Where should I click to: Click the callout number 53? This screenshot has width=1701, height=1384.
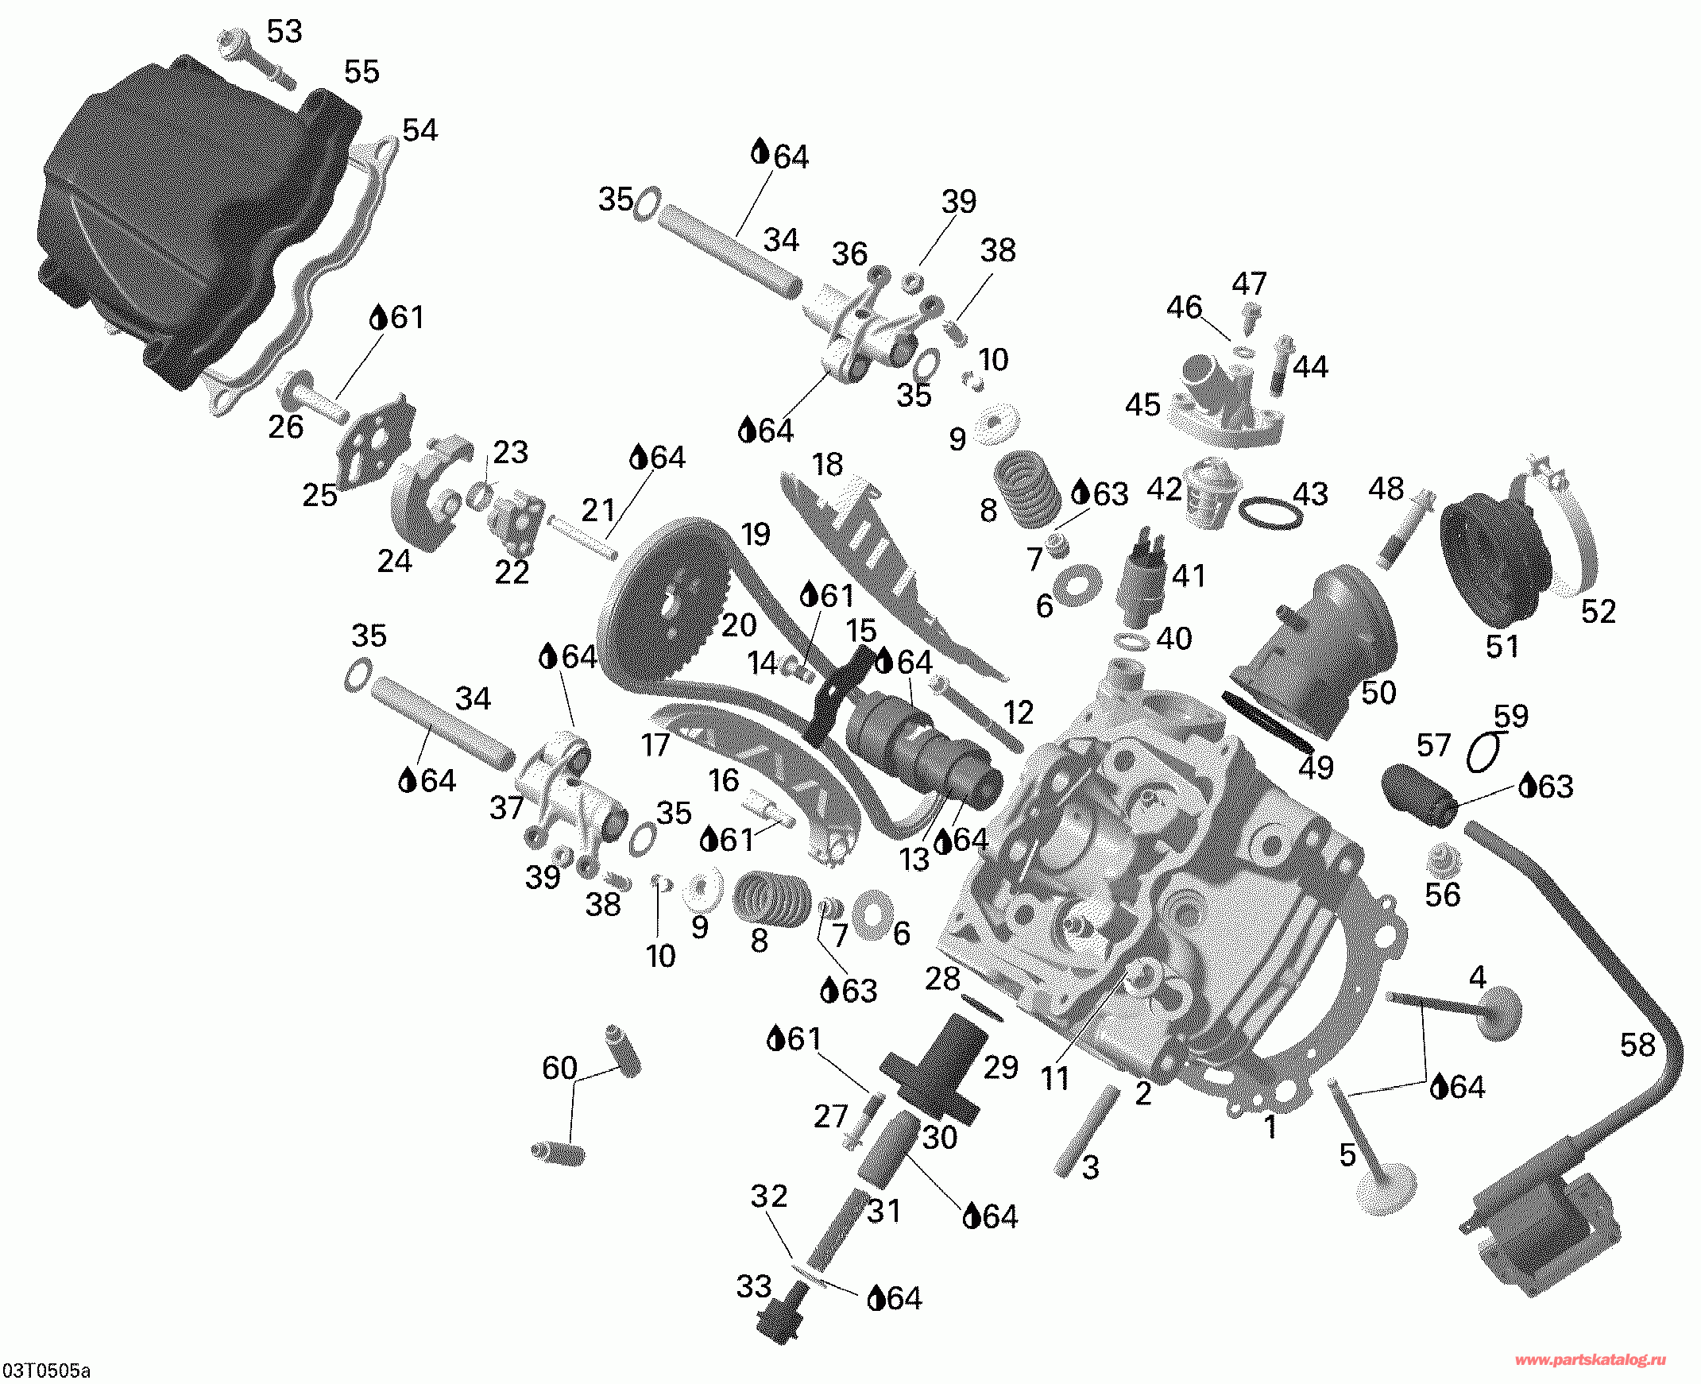click(x=284, y=31)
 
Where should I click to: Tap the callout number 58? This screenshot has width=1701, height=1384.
click(x=1637, y=1045)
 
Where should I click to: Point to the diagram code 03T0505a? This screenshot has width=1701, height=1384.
click(x=45, y=1371)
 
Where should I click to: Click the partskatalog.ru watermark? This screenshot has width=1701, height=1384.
click(x=1591, y=1361)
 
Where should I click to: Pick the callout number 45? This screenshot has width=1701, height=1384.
click(x=1142, y=405)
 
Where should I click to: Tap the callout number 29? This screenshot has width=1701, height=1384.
click(x=1000, y=1067)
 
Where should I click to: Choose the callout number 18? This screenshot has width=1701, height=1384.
click(x=827, y=464)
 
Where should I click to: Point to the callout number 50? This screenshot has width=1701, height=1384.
click(x=1378, y=692)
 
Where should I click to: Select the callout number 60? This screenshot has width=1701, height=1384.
click(x=559, y=1068)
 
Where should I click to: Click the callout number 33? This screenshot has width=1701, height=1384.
click(x=753, y=1286)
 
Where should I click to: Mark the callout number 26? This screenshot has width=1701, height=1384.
click(x=285, y=427)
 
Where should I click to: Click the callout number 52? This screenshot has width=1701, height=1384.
click(x=1598, y=612)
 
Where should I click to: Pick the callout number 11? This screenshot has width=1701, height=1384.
click(x=1054, y=1079)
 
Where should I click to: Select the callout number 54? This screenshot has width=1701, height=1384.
click(x=419, y=130)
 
